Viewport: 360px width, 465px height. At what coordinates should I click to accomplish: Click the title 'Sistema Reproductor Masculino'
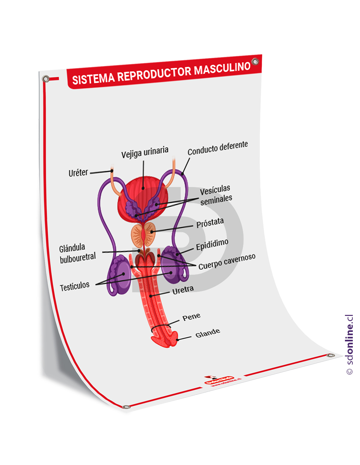coord(161,74)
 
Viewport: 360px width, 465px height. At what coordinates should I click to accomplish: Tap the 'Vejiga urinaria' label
coord(145,152)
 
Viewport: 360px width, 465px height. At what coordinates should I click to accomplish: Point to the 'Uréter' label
coord(78,173)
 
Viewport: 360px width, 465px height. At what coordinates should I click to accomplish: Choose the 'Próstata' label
coord(210,223)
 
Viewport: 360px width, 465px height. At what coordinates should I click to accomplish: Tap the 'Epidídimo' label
coord(212,244)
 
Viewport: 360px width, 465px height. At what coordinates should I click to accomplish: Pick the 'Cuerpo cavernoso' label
coord(227,262)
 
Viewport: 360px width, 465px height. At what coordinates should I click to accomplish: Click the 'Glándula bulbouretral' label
coord(77,253)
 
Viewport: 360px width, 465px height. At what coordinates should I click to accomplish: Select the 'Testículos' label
coord(75,287)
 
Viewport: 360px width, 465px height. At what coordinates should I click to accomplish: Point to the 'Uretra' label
coord(183,290)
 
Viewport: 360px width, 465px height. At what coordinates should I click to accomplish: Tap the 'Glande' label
coord(207,333)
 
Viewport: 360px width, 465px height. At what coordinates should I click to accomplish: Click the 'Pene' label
coord(191,317)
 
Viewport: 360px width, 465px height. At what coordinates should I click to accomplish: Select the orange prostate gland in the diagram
coord(143,234)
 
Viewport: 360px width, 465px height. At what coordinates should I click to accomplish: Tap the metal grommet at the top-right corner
coord(255,61)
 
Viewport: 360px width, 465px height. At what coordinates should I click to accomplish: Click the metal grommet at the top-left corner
coord(46,79)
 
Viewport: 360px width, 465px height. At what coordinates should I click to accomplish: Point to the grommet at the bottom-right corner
coord(331,355)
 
